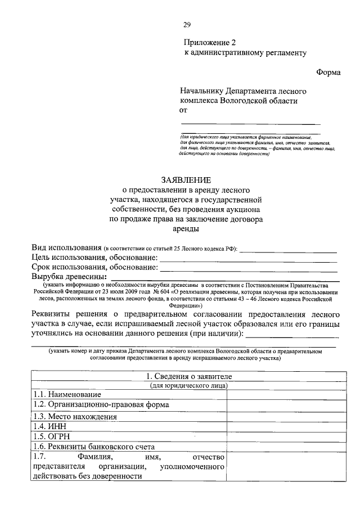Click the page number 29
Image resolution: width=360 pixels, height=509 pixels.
click(x=187, y=24)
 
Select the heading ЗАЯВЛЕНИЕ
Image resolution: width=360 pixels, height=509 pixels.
click(x=186, y=180)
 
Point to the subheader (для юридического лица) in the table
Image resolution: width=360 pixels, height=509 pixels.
click(x=188, y=386)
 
